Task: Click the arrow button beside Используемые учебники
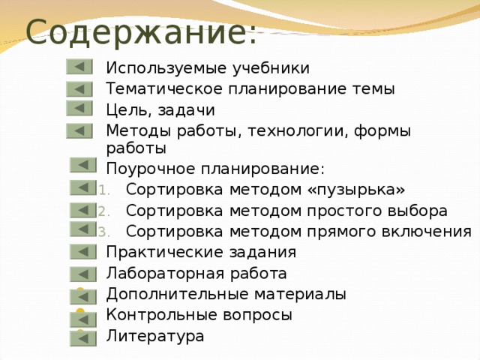coord(79,67)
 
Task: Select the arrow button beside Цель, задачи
coord(79,109)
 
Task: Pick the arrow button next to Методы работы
coord(79,132)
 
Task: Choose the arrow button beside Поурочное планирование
coord(83,165)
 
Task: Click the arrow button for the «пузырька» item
coord(83,187)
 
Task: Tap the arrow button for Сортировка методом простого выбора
coord(83,210)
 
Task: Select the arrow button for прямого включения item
coord(83,229)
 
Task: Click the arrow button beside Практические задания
coord(83,252)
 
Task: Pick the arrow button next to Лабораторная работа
coord(83,274)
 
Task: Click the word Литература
coord(154,336)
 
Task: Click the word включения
coord(431,230)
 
